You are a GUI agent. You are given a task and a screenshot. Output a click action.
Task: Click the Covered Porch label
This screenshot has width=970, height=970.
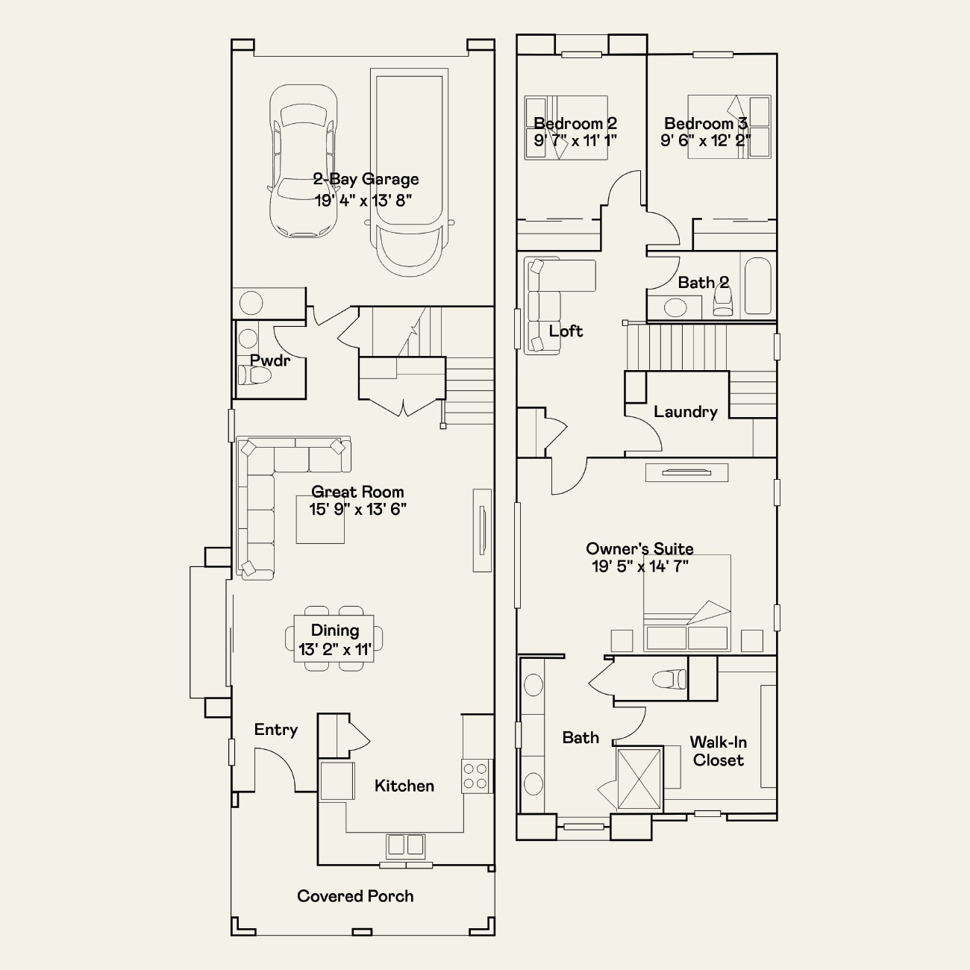pos(355,896)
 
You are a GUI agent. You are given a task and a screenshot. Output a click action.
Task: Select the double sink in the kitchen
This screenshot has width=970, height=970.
pos(405,845)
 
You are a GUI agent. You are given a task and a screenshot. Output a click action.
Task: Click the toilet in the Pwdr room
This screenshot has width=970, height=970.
pos(254,375)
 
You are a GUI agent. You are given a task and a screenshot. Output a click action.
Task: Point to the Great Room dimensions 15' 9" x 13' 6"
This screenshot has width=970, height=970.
pos(357,510)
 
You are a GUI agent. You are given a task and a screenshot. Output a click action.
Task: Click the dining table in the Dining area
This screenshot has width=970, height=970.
pos(334,638)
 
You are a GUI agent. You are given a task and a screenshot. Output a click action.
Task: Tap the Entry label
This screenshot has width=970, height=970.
pos(276,730)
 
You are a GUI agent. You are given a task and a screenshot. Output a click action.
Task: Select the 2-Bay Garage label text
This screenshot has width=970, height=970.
pos(366,179)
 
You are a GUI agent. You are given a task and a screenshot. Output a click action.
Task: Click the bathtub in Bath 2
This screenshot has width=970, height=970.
pos(757,286)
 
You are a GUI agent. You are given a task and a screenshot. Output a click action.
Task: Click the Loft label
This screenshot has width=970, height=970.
pos(566,331)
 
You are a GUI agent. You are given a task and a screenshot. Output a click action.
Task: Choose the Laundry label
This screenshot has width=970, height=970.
pos(686,412)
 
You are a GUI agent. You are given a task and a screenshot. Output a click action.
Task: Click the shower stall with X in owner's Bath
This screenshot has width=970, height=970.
pos(639,779)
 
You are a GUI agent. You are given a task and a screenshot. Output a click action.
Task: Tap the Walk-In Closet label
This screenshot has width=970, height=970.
pos(719,751)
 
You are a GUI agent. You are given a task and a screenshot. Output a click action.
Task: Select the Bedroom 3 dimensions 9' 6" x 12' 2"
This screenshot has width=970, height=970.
pos(706,140)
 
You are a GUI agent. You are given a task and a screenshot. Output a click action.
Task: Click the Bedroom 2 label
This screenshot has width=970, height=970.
pos(575,123)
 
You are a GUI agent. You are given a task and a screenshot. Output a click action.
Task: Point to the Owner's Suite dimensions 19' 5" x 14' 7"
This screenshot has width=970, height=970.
pos(640,566)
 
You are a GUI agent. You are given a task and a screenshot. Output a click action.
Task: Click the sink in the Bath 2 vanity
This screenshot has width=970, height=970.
pos(675,307)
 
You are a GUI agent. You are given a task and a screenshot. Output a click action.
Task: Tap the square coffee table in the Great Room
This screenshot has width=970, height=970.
pos(320,519)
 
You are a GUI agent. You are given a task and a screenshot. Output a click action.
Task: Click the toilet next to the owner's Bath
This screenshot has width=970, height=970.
pos(669,679)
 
